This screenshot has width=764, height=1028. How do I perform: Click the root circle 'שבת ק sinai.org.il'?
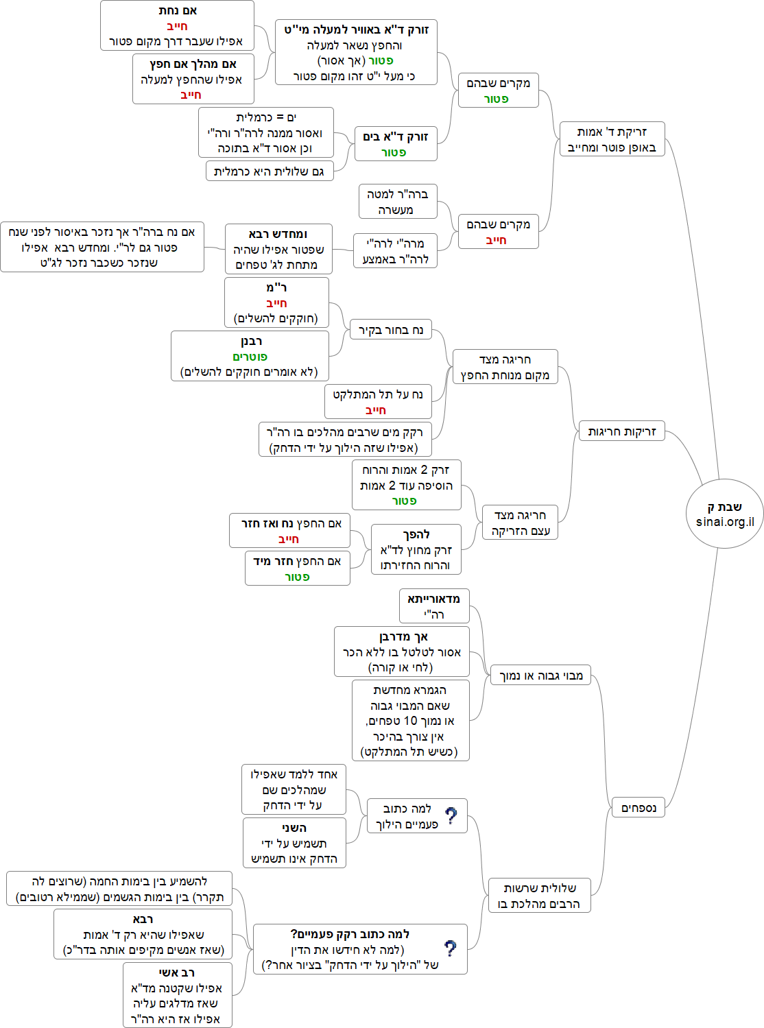click(724, 514)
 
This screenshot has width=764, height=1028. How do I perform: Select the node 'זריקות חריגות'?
click(621, 431)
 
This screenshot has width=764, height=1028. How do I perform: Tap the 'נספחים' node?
click(638, 808)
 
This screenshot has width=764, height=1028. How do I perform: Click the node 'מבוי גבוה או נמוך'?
click(540, 676)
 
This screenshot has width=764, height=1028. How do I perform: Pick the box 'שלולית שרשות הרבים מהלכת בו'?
click(539, 896)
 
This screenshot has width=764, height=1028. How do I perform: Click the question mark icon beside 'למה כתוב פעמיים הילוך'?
click(451, 815)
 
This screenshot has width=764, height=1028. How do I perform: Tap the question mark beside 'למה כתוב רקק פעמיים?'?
click(450, 948)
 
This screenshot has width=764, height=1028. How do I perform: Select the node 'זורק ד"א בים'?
click(396, 143)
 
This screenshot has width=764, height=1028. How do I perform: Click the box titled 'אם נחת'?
click(177, 26)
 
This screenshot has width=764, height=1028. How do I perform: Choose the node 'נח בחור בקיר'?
click(391, 330)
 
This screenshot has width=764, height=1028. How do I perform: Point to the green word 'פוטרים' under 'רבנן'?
click(250, 357)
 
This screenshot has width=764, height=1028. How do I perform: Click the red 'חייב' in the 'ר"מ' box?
click(276, 303)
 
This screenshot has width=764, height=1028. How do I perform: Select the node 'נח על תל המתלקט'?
click(378, 402)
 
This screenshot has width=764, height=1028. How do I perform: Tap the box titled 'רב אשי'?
click(177, 995)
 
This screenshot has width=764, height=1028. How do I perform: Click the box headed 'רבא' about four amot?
click(143, 934)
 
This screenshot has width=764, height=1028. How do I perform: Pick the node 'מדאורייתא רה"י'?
click(433, 606)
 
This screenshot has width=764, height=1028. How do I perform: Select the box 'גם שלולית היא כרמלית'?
click(270, 171)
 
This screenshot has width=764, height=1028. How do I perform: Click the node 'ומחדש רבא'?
click(278, 249)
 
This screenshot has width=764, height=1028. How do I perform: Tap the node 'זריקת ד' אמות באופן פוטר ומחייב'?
click(612, 139)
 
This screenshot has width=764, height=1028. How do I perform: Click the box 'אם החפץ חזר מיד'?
click(297, 569)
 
